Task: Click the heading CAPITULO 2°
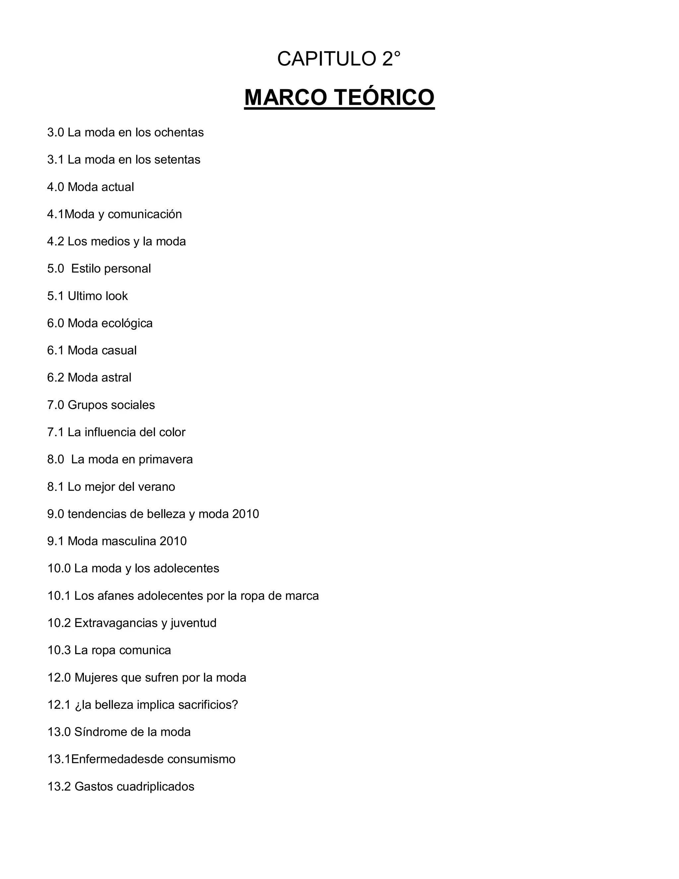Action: [x=339, y=59]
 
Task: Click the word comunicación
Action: [x=145, y=214]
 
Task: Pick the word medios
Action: [x=112, y=241]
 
